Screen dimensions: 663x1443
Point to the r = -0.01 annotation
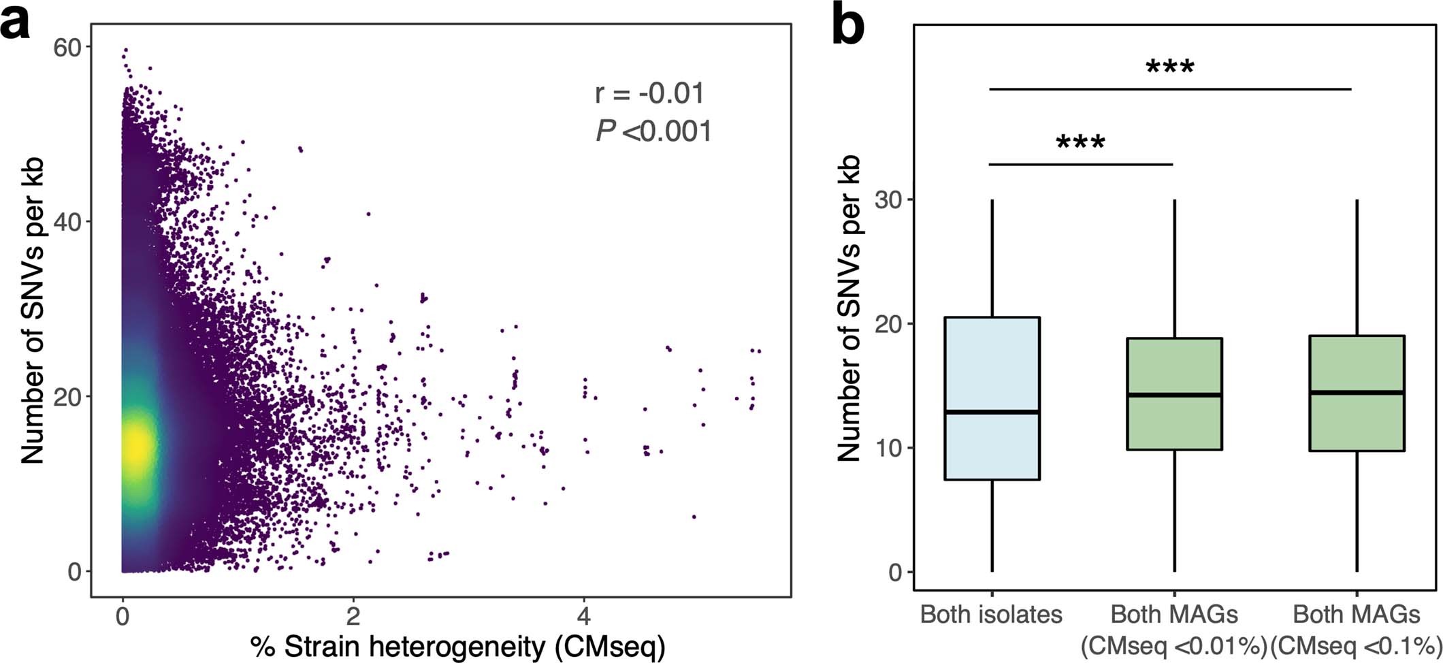[650, 93]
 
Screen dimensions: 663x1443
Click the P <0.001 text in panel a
[653, 131]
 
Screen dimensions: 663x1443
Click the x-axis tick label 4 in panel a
[583, 617]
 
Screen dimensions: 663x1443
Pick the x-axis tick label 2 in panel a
[353, 617]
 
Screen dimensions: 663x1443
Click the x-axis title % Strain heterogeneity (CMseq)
[457, 646]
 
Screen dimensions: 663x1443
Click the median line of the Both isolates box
[992, 412]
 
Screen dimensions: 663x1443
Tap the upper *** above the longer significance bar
[1169, 67]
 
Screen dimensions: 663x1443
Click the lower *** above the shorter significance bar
[1080, 142]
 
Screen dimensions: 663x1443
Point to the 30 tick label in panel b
[888, 200]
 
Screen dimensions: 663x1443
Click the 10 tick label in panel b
[888, 448]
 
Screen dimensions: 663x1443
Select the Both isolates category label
[991, 615]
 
